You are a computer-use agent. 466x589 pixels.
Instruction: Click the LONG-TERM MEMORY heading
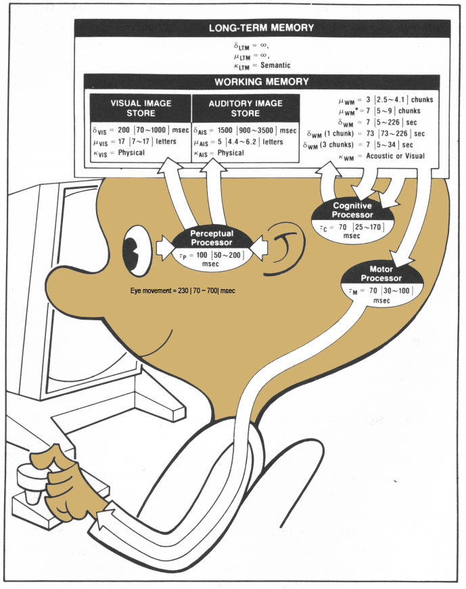click(x=262, y=28)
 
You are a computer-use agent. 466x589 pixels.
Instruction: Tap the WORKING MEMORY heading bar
click(x=262, y=81)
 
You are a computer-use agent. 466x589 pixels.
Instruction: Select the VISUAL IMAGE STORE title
click(x=141, y=108)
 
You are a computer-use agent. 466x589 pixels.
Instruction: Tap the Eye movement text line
click(x=183, y=290)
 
